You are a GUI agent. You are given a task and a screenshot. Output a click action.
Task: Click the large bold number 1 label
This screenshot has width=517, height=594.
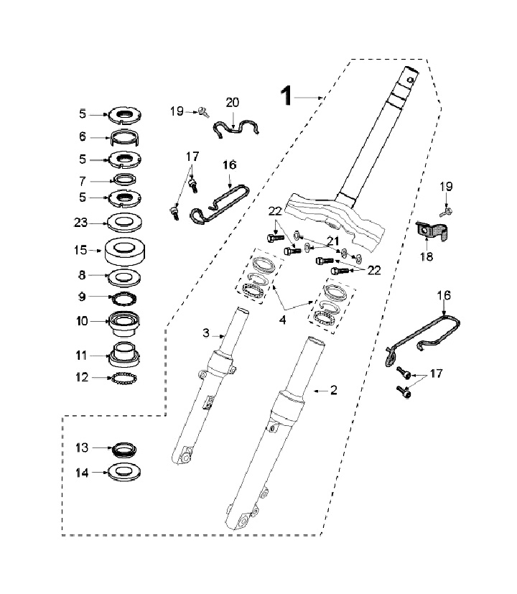click(x=287, y=96)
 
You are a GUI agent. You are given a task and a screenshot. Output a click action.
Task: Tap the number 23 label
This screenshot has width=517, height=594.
click(x=80, y=223)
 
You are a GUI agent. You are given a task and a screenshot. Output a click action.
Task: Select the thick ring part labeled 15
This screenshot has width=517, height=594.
click(x=125, y=251)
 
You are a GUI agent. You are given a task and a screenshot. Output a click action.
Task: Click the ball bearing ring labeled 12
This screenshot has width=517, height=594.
click(x=124, y=378)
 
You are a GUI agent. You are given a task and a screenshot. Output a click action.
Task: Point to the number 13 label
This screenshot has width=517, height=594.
click(x=82, y=447)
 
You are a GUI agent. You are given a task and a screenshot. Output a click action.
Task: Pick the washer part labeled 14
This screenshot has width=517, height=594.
click(x=124, y=473)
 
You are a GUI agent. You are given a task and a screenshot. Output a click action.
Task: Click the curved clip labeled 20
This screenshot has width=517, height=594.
click(x=236, y=129)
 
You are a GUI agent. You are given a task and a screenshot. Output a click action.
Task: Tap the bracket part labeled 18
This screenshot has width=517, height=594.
click(x=432, y=231)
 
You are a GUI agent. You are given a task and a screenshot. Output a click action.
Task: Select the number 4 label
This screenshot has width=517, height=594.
click(x=282, y=320)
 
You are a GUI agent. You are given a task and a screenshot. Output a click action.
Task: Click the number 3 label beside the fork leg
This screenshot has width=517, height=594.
click(x=206, y=333)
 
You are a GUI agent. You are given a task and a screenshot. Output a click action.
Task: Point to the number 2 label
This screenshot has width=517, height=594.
click(x=334, y=390)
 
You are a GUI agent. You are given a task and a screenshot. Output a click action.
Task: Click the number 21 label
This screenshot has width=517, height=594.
click(x=333, y=241)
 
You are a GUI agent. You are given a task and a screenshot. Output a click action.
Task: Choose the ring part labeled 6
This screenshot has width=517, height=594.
click(x=124, y=138)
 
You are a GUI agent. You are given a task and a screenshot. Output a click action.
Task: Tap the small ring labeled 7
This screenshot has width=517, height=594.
click(x=125, y=179)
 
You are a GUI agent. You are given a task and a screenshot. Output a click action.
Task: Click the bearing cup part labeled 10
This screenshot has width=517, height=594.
click(x=124, y=323)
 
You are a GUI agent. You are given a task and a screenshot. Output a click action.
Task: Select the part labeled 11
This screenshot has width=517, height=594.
click(x=124, y=355)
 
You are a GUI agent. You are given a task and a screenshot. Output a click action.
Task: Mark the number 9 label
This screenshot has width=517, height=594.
click(x=82, y=297)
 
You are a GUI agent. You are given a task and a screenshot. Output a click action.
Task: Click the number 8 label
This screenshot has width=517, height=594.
click(x=82, y=275)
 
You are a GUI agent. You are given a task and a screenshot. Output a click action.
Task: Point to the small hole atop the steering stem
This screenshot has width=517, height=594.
click(x=410, y=80)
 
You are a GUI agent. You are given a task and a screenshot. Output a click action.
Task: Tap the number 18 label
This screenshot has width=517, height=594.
click(x=427, y=256)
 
